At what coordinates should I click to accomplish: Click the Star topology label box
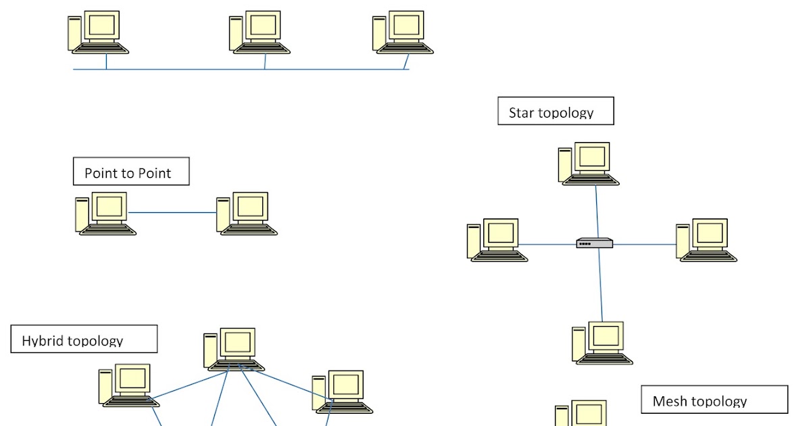click(x=556, y=111)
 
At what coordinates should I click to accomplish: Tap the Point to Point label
click(x=131, y=172)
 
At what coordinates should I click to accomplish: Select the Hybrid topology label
click(x=84, y=339)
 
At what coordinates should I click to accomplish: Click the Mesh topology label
click(x=714, y=400)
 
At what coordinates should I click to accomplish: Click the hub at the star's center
click(x=595, y=243)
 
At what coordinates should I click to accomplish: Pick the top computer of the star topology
click(x=589, y=164)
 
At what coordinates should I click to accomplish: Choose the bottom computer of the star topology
click(x=602, y=343)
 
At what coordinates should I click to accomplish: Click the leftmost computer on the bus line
click(x=99, y=32)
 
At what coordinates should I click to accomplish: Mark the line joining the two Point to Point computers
click(x=172, y=213)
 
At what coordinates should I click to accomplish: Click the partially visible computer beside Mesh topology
click(x=583, y=413)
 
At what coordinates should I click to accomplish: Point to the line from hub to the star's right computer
click(x=645, y=244)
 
